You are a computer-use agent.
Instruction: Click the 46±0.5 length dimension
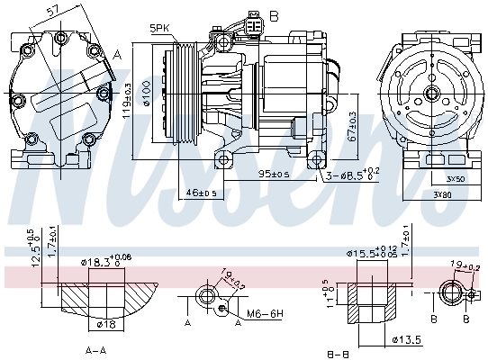pos(201,192)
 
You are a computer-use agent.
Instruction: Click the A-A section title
pos(96,348)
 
